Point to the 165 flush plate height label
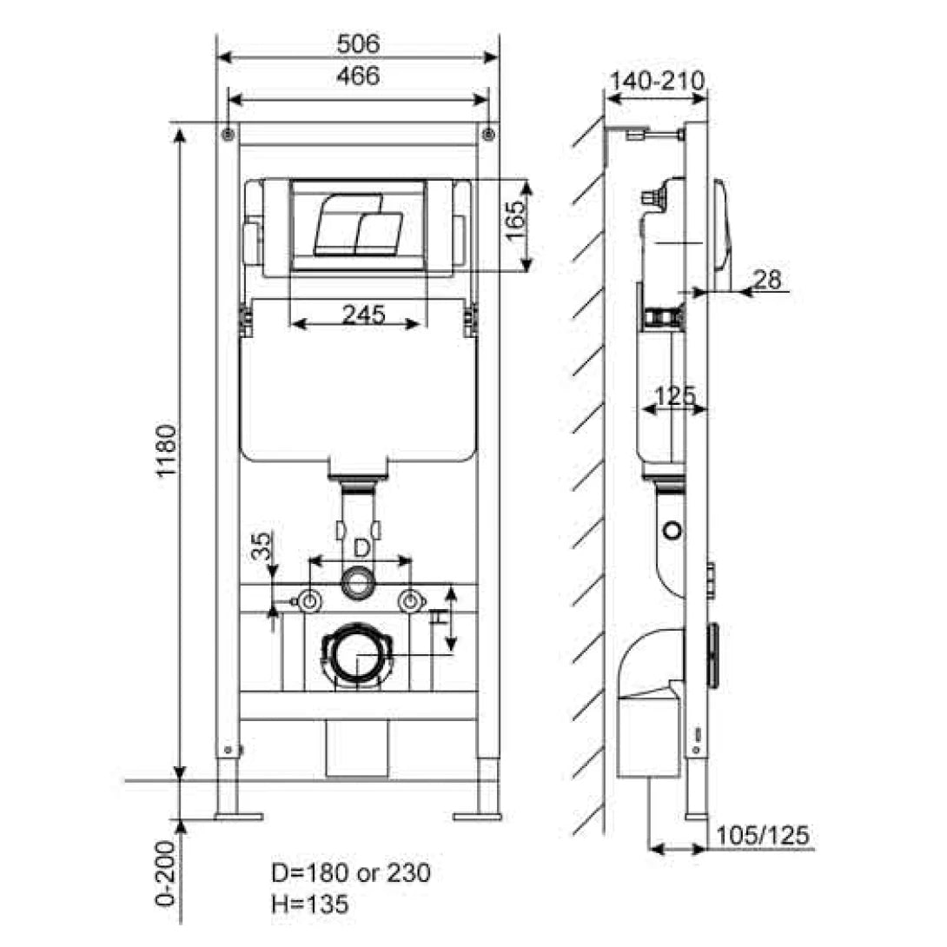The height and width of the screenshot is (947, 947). tap(514, 223)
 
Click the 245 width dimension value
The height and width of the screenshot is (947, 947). tap(362, 315)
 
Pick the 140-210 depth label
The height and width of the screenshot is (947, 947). tap(656, 80)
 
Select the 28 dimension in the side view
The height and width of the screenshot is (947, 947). tap(767, 280)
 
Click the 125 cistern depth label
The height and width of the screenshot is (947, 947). tap(674, 395)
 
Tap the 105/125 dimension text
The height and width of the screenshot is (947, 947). tap(763, 835)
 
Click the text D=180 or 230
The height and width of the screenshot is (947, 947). tap(352, 872)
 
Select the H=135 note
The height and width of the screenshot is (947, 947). tap(310, 904)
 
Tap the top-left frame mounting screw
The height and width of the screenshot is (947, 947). tap(228, 134)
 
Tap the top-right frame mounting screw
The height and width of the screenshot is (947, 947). tap(489, 134)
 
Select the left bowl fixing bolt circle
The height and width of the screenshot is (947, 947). tap(308, 600)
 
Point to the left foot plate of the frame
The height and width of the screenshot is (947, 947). tap(237, 816)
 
